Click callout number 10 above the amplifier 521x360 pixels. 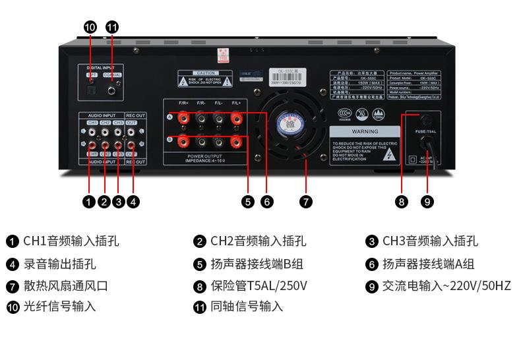coord(90,27)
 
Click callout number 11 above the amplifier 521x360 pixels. coord(112,27)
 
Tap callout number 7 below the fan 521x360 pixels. coord(306,202)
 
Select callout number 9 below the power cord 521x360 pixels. coord(427,202)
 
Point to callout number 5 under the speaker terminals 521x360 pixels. coord(248,202)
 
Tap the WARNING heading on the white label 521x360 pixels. coord(364,132)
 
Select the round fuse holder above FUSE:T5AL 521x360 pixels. coord(426,120)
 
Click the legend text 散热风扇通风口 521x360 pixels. coord(65,286)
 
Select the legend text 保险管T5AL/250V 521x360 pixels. coord(259,286)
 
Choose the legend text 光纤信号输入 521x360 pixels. coord(59,307)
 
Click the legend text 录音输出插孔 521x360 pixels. coord(59,264)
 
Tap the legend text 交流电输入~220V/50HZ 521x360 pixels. coord(446,286)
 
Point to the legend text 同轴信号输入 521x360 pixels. coord(247,307)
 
